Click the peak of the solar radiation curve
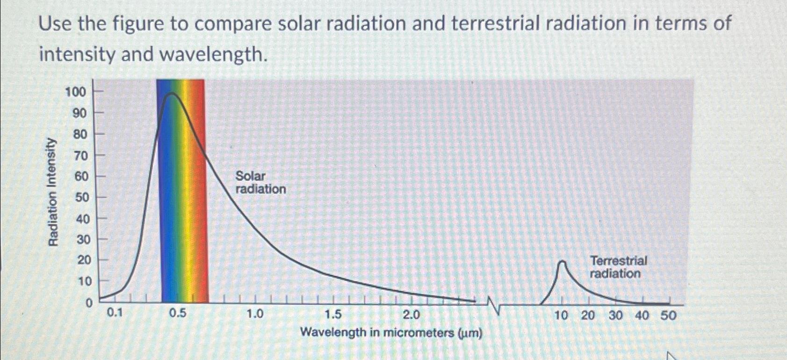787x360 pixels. click(172, 94)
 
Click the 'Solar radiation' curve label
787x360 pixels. click(260, 183)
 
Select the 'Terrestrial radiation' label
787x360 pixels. click(618, 267)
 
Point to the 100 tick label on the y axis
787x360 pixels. click(76, 92)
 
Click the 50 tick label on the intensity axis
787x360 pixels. click(81, 197)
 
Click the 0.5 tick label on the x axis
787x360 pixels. click(178, 313)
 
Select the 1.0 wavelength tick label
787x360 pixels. click(255, 314)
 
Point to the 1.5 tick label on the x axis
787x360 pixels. click(333, 315)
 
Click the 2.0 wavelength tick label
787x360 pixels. click(411, 315)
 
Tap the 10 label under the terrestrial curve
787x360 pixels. click(561, 316)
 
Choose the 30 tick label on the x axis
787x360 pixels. click(615, 316)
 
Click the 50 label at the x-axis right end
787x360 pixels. click(668, 316)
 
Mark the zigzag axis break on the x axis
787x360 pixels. click(494, 305)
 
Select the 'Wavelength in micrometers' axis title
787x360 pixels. click(391, 333)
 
